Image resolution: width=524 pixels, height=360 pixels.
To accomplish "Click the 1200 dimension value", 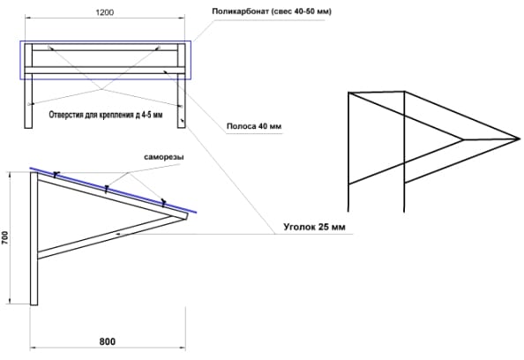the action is [x=105, y=12].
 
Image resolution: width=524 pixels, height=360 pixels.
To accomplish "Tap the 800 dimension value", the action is [x=108, y=341].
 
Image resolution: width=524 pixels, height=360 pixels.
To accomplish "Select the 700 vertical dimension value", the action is [x=5, y=237].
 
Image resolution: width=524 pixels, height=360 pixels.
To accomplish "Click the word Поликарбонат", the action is [x=240, y=11].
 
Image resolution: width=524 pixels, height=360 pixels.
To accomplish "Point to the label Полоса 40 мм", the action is [x=254, y=126].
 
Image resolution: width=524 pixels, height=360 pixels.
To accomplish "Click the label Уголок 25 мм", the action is [x=314, y=227].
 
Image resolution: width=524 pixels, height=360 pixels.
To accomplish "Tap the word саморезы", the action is [x=164, y=157].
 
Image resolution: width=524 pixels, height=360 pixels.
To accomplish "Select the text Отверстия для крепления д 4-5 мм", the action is [x=106, y=115].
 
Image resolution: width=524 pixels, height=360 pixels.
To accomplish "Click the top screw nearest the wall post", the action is [x=56, y=175].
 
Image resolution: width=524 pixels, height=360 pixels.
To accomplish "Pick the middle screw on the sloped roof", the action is [x=106, y=189].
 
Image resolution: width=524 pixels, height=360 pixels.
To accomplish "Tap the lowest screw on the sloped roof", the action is [x=163, y=203].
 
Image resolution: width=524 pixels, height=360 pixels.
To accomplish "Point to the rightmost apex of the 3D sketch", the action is [x=520, y=138].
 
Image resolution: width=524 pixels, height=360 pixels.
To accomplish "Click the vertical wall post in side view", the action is [x=34, y=238].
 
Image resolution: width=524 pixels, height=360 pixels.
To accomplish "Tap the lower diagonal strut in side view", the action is [x=112, y=236].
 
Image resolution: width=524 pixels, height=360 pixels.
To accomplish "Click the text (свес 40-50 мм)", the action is [x=302, y=11].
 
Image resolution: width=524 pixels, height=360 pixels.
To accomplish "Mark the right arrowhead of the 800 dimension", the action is [x=183, y=348].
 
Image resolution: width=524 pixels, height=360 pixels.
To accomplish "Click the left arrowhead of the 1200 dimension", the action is [x=27, y=18].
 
